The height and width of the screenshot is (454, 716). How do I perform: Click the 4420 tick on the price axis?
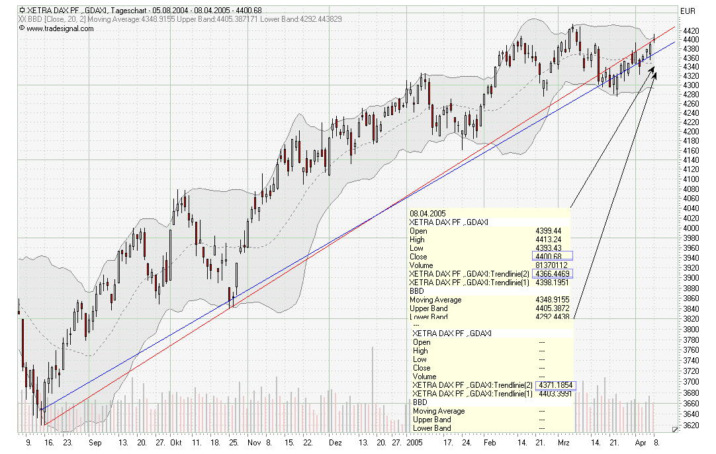tap(691, 30)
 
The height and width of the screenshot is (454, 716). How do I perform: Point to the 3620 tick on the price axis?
tap(691, 425)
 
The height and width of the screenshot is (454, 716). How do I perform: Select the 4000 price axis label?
tap(691, 228)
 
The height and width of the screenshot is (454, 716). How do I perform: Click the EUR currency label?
tap(688, 11)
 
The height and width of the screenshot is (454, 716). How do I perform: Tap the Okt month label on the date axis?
tap(175, 442)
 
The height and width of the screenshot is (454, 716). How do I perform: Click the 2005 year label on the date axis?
tap(414, 442)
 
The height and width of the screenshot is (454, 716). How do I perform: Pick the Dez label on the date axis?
tap(336, 442)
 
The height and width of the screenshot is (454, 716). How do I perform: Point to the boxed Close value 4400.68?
tap(553, 256)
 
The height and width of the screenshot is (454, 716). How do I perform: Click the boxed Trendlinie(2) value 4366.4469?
tap(555, 273)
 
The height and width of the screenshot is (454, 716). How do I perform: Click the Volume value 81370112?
tap(552, 265)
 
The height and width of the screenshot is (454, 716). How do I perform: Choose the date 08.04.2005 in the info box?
tap(428, 213)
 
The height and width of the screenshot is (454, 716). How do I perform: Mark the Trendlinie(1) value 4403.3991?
tap(555, 393)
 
